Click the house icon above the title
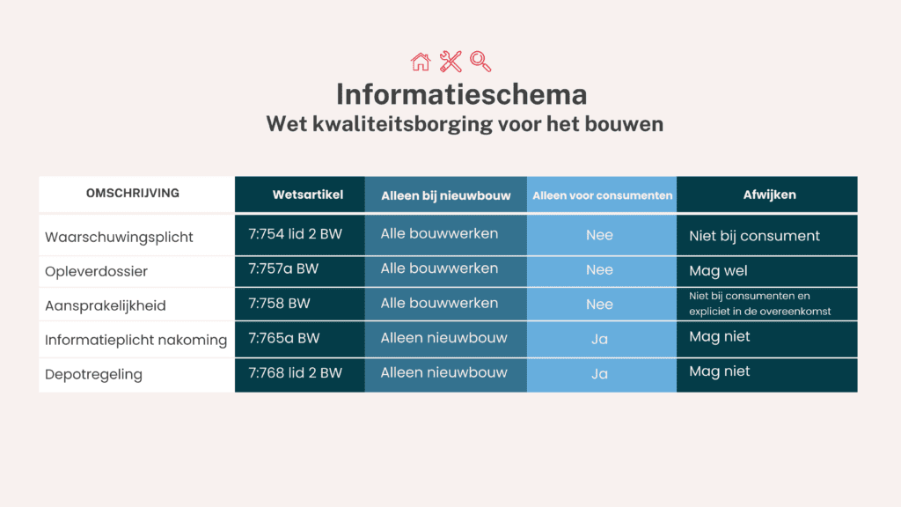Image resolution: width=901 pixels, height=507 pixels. point(421,62)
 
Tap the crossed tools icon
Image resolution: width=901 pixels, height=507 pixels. point(450,62)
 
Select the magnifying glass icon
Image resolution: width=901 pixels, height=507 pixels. point(480,62)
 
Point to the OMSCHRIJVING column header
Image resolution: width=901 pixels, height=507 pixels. point(133,194)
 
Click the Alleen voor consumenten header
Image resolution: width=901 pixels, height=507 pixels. point(602,195)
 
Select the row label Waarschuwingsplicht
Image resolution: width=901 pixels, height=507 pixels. point(119,237)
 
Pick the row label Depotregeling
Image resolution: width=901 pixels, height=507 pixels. point(93,375)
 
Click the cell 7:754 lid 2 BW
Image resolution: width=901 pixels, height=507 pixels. point(296,234)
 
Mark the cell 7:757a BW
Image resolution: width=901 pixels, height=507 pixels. point(283,268)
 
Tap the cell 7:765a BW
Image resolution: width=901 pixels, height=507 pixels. point(283,338)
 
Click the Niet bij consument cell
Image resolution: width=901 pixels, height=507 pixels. point(754,236)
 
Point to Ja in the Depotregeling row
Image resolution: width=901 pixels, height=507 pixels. point(599,374)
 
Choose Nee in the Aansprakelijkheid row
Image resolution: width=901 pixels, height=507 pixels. point(599,305)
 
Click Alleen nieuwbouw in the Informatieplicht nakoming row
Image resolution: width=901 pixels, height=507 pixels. point(443,338)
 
